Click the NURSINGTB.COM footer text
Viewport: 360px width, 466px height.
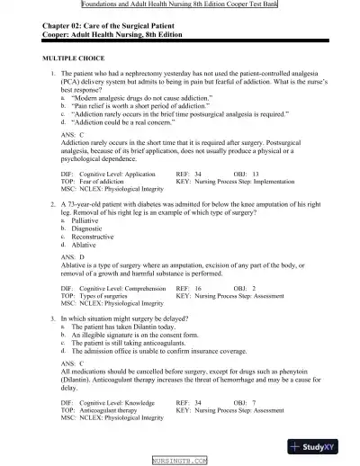coord(179,460)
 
